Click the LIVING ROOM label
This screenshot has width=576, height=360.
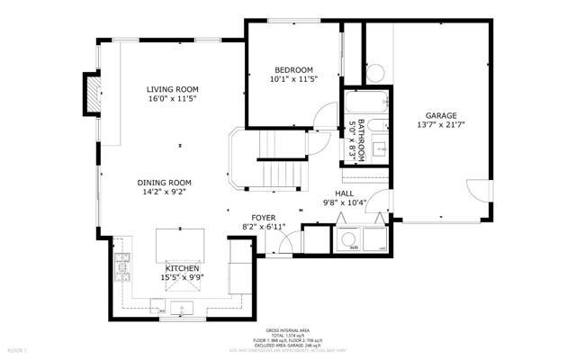pyautogui.click(x=173, y=89)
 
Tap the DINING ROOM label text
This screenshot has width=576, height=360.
pyautogui.click(x=165, y=181)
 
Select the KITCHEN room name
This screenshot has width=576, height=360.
pyautogui.click(x=181, y=268)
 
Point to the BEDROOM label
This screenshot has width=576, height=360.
pyautogui.click(x=293, y=70)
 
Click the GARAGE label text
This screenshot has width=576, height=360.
pyautogui.click(x=441, y=116)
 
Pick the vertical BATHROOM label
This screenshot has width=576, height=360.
pyautogui.click(x=361, y=139)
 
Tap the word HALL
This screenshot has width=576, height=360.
pyautogui.click(x=344, y=193)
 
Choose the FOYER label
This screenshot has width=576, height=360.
pyautogui.click(x=263, y=218)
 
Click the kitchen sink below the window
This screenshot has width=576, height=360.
pyautogui.click(x=186, y=310)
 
